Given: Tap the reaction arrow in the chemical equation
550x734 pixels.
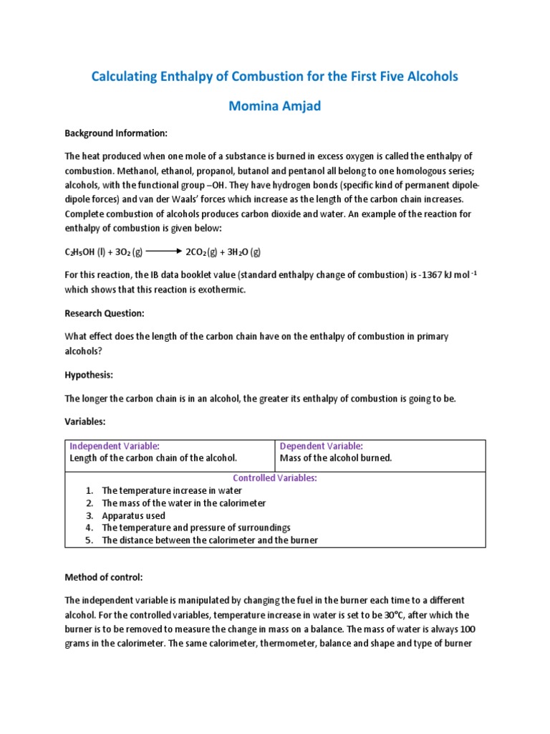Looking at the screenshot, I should click(164, 252).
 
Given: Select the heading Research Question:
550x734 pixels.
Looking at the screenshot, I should click(105, 313).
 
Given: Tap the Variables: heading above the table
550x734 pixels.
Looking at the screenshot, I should click(86, 423).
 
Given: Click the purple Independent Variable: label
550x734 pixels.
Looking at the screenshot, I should click(114, 446).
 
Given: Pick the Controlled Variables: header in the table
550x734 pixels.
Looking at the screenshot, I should click(275, 478).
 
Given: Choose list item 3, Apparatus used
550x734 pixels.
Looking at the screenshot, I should click(133, 515).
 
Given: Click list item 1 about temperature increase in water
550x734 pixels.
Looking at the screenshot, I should click(172, 490).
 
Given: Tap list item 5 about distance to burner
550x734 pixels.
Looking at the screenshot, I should click(209, 540).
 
